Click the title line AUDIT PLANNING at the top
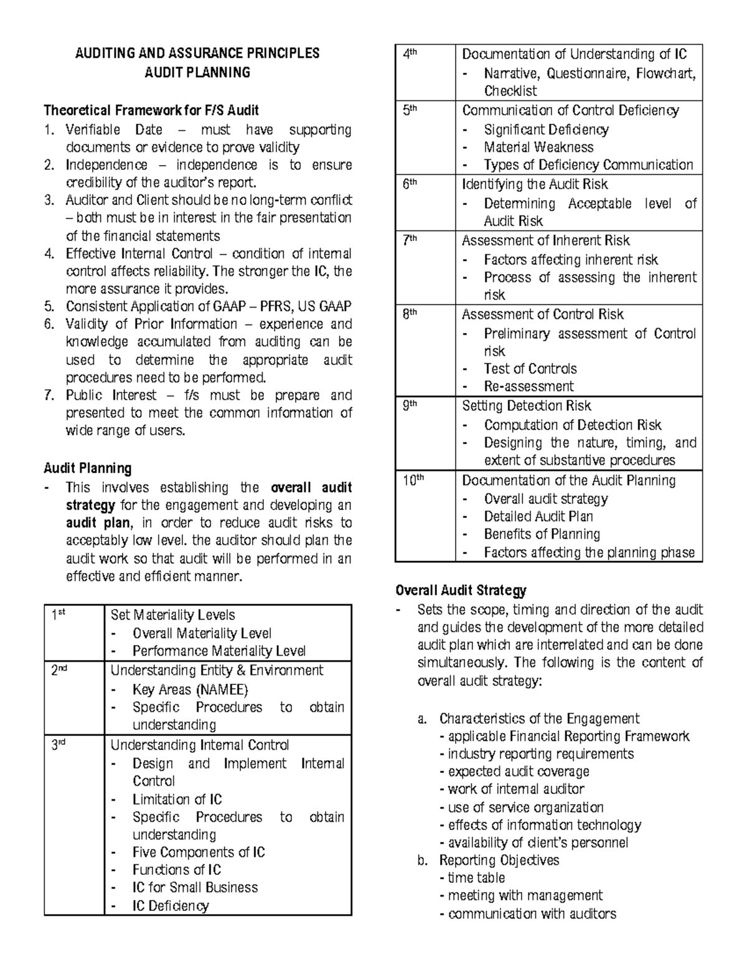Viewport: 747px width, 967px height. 197,73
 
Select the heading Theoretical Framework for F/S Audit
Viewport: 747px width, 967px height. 151,111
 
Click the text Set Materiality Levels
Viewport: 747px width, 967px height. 172,615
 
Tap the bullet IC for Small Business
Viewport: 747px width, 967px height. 195,887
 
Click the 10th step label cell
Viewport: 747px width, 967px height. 411,481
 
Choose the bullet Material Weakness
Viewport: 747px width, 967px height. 538,148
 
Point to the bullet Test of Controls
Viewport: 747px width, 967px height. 530,369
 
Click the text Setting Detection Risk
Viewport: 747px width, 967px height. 526,406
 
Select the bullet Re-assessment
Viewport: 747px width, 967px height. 529,386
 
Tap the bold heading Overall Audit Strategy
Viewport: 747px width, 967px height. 461,590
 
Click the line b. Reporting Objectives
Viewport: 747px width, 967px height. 499,861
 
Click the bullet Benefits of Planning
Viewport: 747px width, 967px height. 542,534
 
